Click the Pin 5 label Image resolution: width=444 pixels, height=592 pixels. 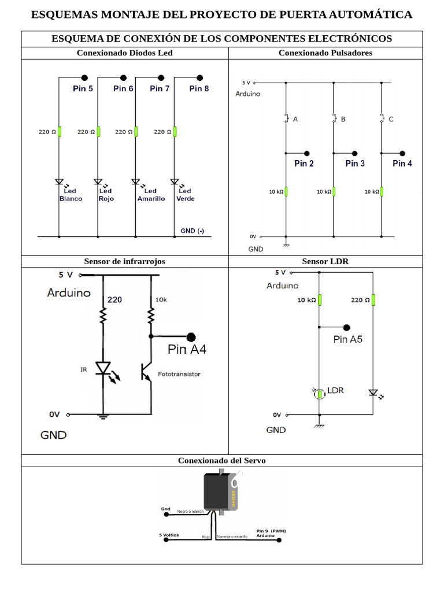[83, 88]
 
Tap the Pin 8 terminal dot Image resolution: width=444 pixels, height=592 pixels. [200, 77]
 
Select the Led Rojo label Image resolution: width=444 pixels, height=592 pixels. [105, 195]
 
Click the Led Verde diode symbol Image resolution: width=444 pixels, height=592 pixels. [175, 182]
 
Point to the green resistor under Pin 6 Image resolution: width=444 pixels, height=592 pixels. [98, 132]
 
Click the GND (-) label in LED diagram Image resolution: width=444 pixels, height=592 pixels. [192, 231]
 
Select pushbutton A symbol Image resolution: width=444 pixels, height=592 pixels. [286, 119]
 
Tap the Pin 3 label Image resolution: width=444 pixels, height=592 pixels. [355, 164]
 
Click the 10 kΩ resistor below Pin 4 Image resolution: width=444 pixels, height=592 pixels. [382, 191]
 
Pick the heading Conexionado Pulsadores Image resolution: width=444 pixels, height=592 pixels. [325, 53]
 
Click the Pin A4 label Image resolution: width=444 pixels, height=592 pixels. [187, 349]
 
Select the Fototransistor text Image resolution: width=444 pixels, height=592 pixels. [179, 374]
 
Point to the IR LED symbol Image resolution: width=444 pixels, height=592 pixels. [103, 368]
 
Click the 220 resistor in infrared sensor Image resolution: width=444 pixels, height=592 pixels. [103, 315]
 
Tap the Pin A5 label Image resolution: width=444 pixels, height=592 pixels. [348, 339]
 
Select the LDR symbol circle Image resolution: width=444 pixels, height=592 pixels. [319, 394]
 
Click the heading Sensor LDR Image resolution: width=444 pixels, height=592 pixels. [325, 261]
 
